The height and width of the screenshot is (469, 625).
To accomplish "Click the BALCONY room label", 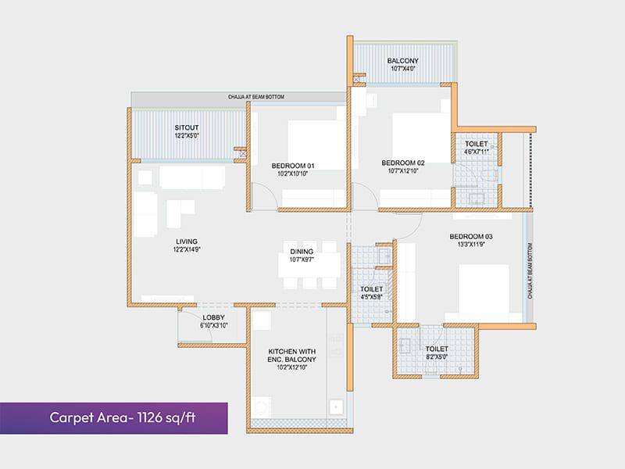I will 403,61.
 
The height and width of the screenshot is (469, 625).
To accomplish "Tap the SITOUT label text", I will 187,127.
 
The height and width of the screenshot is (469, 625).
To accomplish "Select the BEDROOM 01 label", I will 293,166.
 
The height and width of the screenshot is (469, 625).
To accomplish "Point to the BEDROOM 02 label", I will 403,162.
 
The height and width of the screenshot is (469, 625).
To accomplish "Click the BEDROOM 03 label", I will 471,236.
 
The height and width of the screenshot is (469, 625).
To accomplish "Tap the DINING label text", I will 302,251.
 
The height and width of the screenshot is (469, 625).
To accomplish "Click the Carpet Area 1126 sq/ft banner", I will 114,417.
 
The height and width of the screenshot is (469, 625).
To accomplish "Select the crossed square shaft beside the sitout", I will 243,154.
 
